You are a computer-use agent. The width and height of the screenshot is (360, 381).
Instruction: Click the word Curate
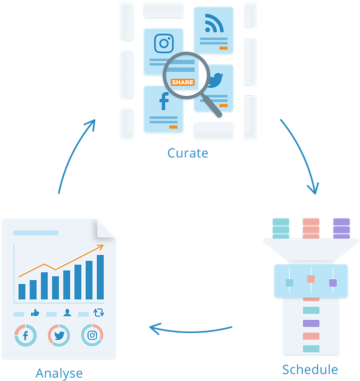tap(187, 153)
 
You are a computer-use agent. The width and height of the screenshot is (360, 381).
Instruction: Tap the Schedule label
tap(310, 370)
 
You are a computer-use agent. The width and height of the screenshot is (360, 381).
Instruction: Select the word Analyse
tap(59, 373)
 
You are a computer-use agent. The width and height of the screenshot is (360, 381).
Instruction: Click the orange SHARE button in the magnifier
tap(182, 82)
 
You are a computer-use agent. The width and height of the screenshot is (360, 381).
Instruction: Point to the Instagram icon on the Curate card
tap(163, 43)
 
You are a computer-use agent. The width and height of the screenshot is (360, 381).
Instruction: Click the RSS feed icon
tap(214, 22)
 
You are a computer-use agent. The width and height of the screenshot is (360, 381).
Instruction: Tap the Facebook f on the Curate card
tap(164, 102)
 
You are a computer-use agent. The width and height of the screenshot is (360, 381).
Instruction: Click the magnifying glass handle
tap(213, 108)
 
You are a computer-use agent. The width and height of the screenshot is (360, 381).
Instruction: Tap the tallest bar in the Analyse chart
tap(100, 277)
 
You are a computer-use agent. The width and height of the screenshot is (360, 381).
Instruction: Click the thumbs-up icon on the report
tap(35, 313)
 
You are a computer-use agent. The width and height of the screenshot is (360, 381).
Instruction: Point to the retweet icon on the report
tap(99, 313)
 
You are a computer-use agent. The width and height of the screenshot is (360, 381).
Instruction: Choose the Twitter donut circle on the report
tap(59, 336)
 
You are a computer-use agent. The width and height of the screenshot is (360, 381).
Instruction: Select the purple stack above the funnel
tap(341, 228)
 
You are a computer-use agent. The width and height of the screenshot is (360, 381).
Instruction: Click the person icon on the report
tap(67, 313)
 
